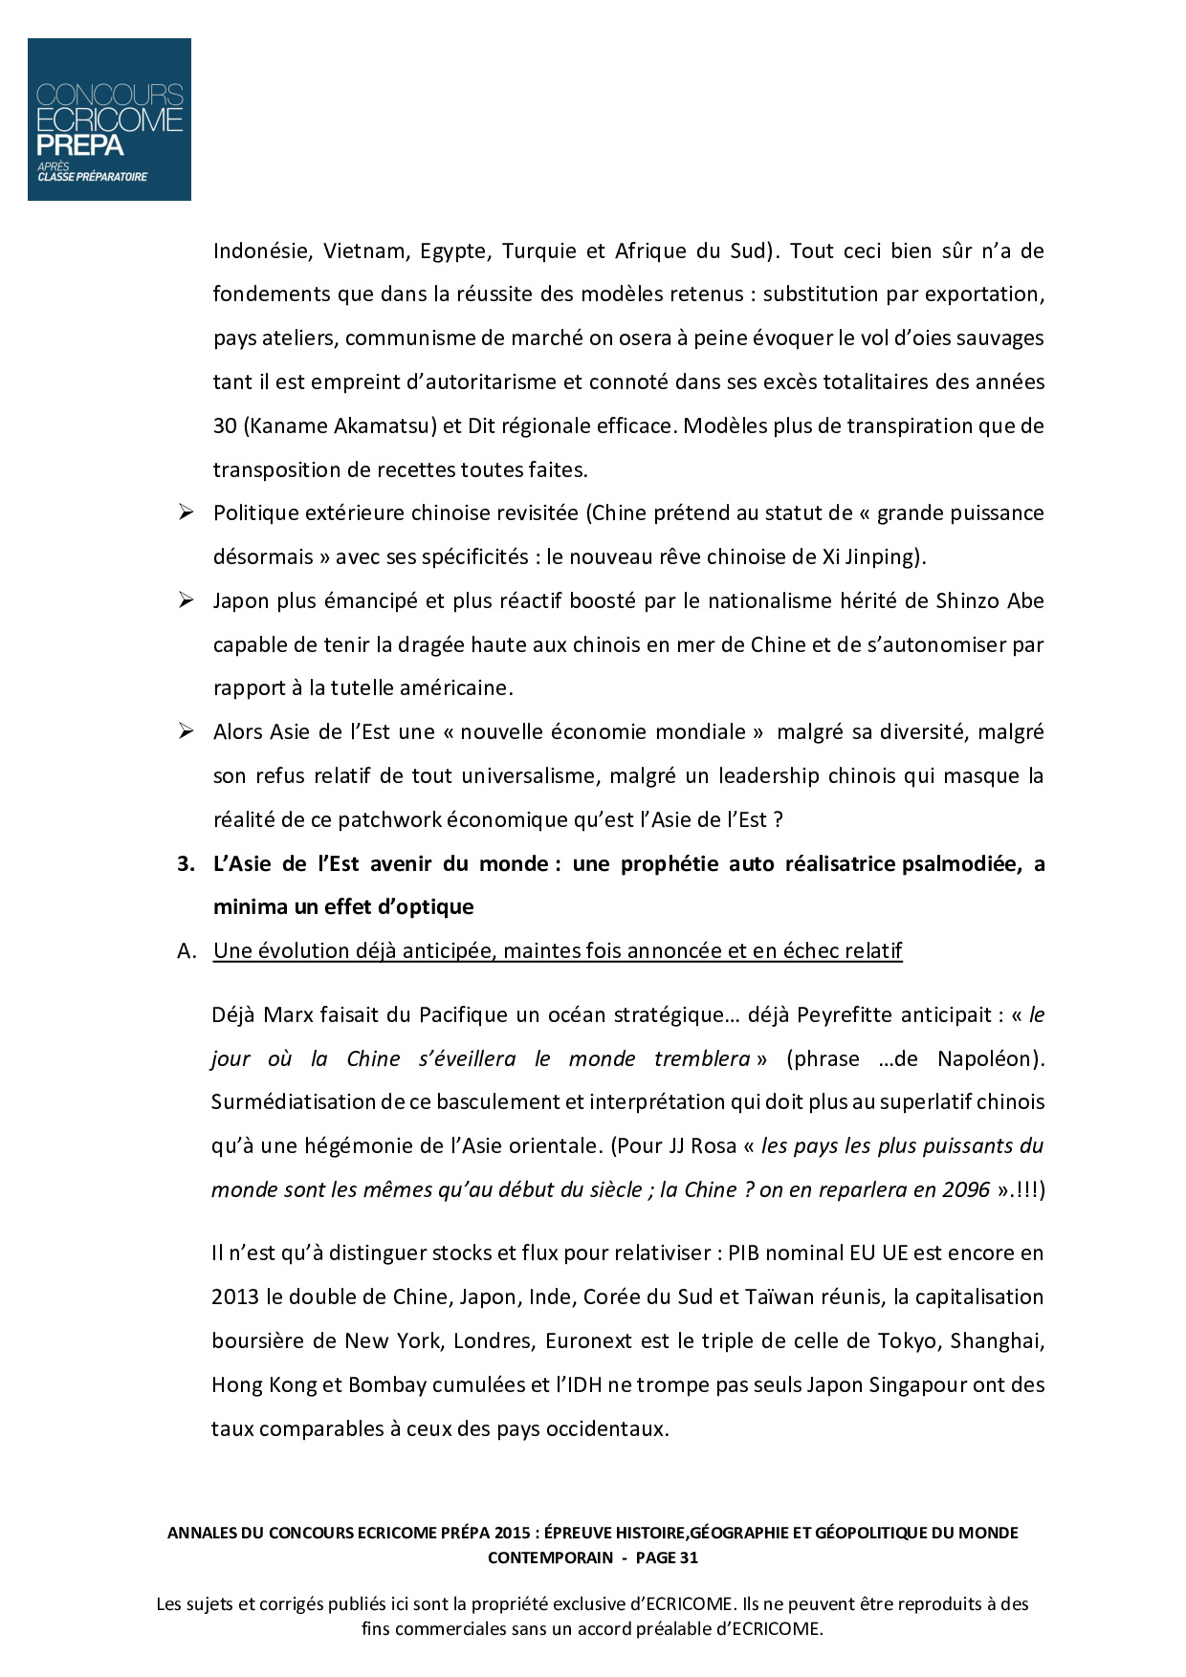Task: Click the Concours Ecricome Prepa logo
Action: coord(109,120)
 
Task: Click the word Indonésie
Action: coord(262,251)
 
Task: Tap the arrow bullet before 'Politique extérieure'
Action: coord(186,513)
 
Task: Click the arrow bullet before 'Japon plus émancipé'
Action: coord(186,601)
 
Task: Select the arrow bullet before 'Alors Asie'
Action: coord(186,732)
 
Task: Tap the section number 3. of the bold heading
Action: coord(186,864)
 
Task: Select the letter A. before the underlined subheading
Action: coord(187,951)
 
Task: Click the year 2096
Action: coord(966,1190)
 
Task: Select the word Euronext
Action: coord(589,1341)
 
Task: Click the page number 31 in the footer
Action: coord(689,1557)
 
